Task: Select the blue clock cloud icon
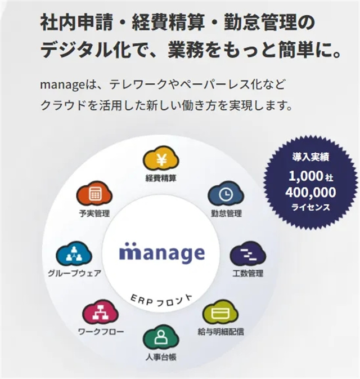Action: (x=226, y=195)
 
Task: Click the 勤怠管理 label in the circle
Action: (x=226, y=213)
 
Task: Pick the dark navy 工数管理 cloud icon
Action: (x=247, y=255)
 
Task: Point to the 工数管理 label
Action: (x=247, y=274)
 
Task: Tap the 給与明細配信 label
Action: (x=221, y=332)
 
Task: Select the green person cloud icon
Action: (x=161, y=338)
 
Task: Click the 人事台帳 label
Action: (x=161, y=357)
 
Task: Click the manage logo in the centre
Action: (x=162, y=253)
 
